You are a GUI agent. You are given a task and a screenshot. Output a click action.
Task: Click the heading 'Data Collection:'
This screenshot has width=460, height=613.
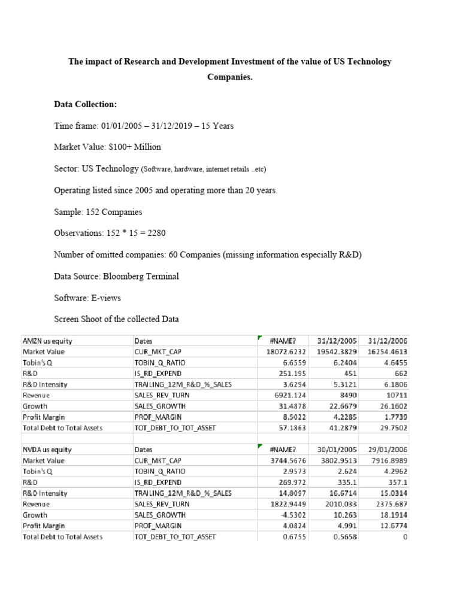[86, 104]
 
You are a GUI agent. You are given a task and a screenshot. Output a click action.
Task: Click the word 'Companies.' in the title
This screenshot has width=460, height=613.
[230, 77]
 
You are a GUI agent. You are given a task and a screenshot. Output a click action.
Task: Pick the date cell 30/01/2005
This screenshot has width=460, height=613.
[337, 449]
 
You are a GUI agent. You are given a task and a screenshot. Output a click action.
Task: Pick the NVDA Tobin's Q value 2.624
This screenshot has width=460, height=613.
[347, 471]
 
